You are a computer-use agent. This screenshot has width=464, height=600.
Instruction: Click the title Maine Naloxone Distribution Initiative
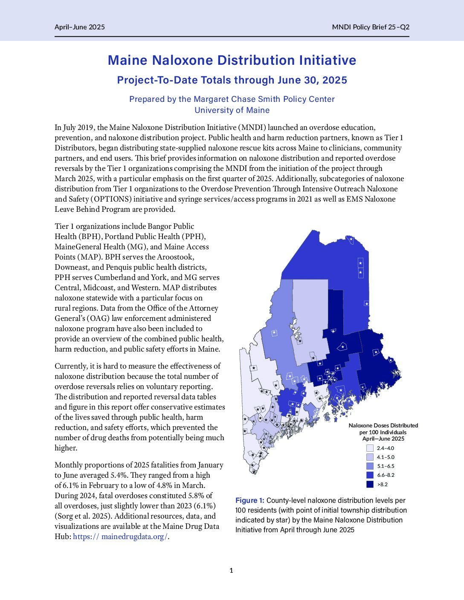click(232, 60)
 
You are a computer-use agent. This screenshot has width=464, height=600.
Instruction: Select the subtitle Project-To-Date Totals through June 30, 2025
click(232, 80)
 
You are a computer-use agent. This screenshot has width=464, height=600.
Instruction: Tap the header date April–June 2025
click(80, 27)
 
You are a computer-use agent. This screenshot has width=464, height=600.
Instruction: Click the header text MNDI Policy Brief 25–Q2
click(371, 27)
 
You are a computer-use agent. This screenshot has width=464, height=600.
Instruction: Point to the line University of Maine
click(232, 110)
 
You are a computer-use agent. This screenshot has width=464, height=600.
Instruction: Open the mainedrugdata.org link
click(120, 537)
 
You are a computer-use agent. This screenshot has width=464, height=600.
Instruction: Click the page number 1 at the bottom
click(232, 571)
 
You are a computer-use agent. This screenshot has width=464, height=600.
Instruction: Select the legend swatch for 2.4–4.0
click(370, 448)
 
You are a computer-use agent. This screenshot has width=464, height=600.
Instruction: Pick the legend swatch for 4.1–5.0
click(370, 457)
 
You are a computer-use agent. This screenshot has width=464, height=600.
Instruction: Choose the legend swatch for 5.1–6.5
click(370, 466)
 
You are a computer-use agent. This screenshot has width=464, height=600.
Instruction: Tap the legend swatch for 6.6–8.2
click(370, 475)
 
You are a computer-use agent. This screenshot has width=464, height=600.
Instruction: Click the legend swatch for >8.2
click(370, 485)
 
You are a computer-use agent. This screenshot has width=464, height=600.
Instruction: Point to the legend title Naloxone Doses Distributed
click(383, 425)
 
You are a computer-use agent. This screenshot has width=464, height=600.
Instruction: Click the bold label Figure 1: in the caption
click(250, 500)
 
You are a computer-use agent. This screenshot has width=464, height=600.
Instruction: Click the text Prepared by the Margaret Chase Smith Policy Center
click(232, 99)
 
